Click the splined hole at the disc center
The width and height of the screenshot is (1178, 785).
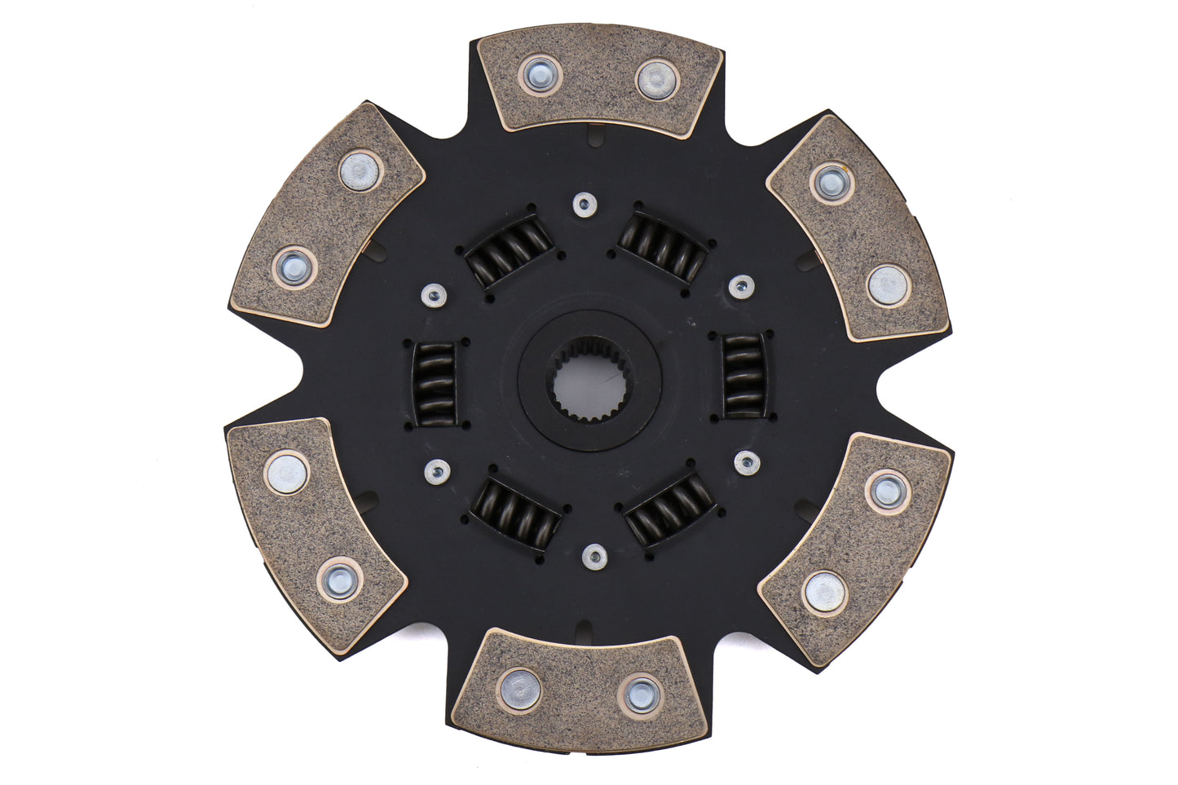point(589,381)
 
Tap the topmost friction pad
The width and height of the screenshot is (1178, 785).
point(599,80)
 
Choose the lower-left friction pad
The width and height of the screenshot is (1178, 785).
point(315,534)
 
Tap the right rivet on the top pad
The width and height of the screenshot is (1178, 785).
point(657,78)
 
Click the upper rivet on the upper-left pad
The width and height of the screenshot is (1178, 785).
point(361,170)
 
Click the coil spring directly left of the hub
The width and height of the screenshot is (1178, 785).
point(435,384)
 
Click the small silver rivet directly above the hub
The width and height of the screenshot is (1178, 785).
point(584,205)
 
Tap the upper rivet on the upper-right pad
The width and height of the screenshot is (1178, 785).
point(832,183)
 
